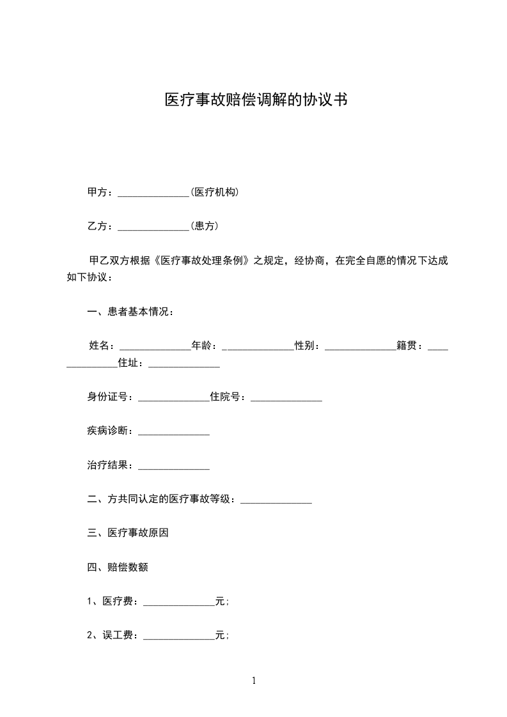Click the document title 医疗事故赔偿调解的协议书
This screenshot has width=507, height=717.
click(x=256, y=100)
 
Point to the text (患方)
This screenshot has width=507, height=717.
click(x=205, y=226)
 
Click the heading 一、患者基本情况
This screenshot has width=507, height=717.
click(x=130, y=312)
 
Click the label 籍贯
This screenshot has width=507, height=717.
click(x=409, y=346)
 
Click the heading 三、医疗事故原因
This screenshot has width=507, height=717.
click(x=127, y=532)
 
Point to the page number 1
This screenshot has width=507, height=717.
click(x=254, y=681)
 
